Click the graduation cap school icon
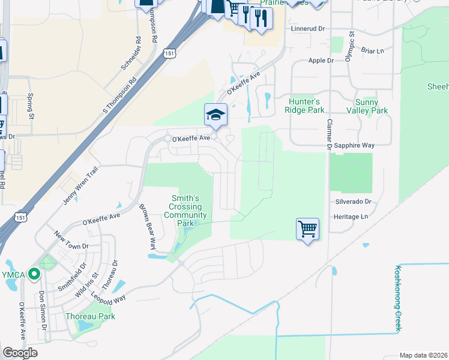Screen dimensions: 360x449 215,115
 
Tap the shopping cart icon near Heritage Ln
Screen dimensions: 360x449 307,229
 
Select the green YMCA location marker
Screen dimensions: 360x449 34,275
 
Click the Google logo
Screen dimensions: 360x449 20,353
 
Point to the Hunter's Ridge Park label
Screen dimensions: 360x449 306,106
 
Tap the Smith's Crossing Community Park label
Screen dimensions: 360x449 185,211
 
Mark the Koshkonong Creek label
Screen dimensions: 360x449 397,299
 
